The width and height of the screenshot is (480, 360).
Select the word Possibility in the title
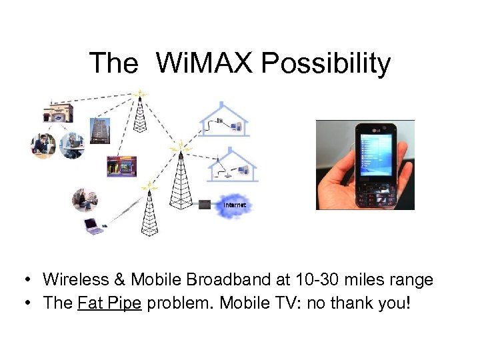(x=326, y=63)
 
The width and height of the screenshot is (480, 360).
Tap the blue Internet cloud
(x=234, y=205)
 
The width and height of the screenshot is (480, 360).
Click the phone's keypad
(x=377, y=194)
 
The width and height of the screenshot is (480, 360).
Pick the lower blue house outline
(x=231, y=165)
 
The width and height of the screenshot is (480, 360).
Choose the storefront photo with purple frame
(x=122, y=166)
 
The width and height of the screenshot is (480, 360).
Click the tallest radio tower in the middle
(x=179, y=177)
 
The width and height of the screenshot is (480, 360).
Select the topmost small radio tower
(x=140, y=112)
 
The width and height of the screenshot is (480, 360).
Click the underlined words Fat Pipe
(x=109, y=303)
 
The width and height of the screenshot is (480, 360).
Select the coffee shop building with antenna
(x=57, y=110)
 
